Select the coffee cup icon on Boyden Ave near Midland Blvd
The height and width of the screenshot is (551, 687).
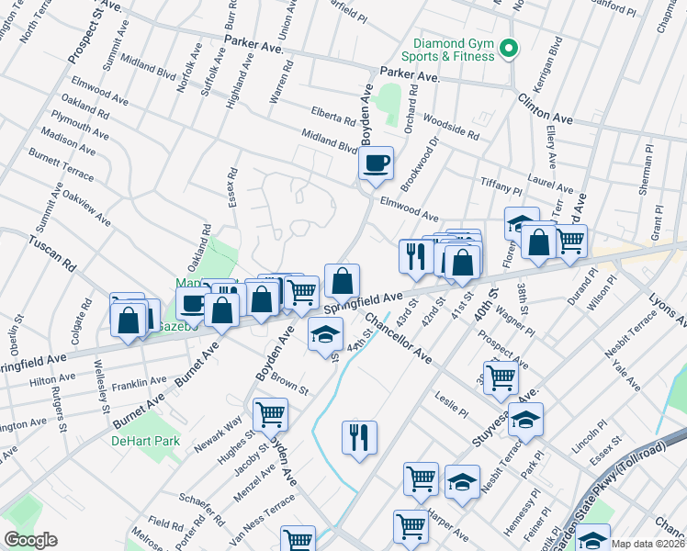click(x=376, y=164)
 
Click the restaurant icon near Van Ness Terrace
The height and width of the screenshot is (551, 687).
click(x=359, y=436)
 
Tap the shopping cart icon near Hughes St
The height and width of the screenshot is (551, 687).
click(x=270, y=414)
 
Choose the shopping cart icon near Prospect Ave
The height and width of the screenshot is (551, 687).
click(x=501, y=377)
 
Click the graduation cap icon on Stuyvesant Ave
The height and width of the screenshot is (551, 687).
click(x=525, y=420)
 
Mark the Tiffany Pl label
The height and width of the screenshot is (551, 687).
click(x=501, y=185)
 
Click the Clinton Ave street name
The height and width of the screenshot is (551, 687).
click(x=545, y=109)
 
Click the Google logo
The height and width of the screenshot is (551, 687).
click(x=30, y=540)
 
